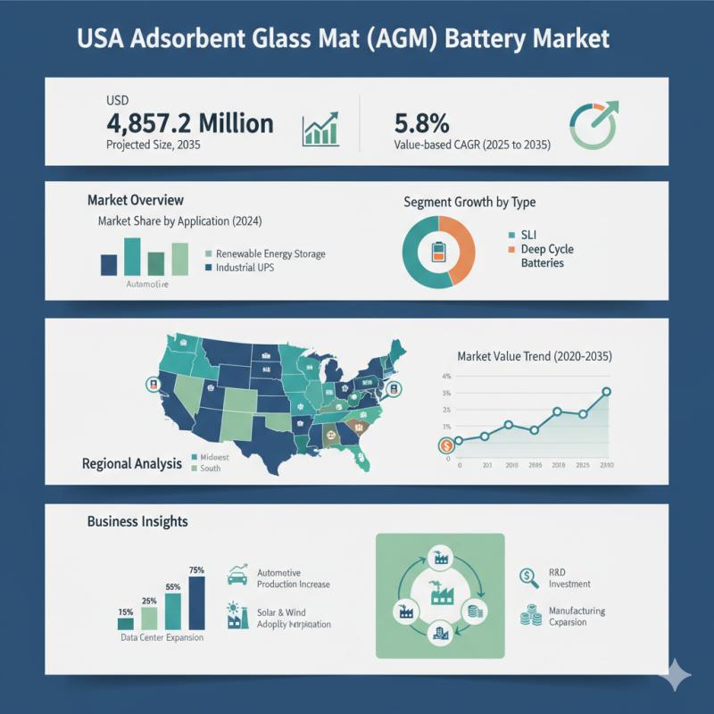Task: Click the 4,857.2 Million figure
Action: pyautogui.click(x=189, y=122)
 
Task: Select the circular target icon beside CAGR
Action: pyautogui.click(x=593, y=124)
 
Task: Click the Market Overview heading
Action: pyautogui.click(x=136, y=200)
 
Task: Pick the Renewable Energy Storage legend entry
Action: pyautogui.click(x=265, y=253)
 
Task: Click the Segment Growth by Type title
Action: pyautogui.click(x=469, y=203)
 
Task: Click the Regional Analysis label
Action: pyautogui.click(x=132, y=464)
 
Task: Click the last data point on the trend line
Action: pyautogui.click(x=607, y=392)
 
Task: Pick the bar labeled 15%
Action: pyautogui.click(x=126, y=623)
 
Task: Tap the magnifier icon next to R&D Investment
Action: pyautogui.click(x=528, y=577)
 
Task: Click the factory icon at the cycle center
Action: pyautogui.click(x=440, y=591)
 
